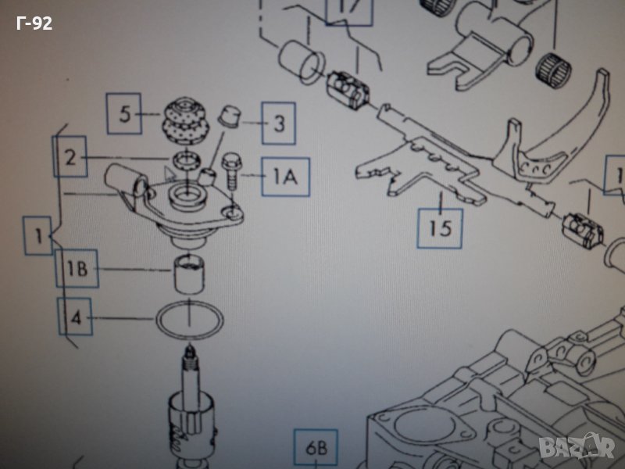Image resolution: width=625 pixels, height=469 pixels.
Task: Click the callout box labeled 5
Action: (x=124, y=114)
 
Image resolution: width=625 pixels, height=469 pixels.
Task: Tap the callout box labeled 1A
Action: (x=284, y=176)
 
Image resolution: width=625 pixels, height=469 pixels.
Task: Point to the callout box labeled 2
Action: (x=71, y=158)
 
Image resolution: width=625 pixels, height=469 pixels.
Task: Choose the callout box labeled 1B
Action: (x=77, y=269)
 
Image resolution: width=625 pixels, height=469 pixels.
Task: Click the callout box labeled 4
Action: (x=76, y=317)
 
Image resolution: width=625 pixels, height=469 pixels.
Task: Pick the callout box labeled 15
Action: (x=440, y=227)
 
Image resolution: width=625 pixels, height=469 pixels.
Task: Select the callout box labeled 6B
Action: (x=316, y=449)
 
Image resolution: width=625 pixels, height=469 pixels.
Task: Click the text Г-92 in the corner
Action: (x=34, y=23)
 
